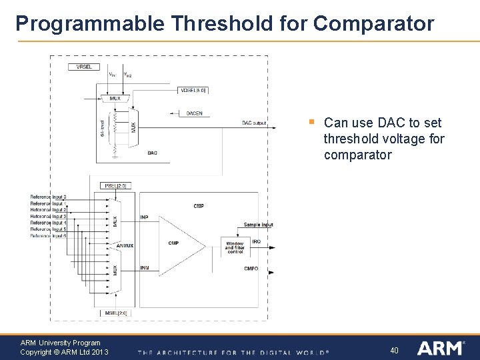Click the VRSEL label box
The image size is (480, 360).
pyautogui.click(x=85, y=67)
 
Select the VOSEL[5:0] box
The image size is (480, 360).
pyautogui.click(x=193, y=90)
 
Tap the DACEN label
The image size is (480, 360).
pyautogui.click(x=195, y=113)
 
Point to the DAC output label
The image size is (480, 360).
pyautogui.click(x=254, y=123)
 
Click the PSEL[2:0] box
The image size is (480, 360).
pyautogui.click(x=115, y=185)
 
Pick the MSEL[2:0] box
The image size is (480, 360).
pyautogui.click(x=116, y=312)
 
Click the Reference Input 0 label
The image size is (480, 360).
pyautogui.click(x=48, y=197)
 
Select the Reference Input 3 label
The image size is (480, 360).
pyautogui.click(x=48, y=216)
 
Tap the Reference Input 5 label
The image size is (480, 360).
pyautogui.click(x=48, y=229)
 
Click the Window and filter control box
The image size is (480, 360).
pyautogui.click(x=235, y=247)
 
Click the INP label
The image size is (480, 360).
pyautogui.click(x=145, y=217)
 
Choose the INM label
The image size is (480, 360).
pyautogui.click(x=145, y=268)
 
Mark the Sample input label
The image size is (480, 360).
pyautogui.click(x=258, y=225)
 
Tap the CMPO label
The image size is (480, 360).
pyautogui.click(x=251, y=269)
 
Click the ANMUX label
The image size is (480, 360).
pyautogui.click(x=125, y=246)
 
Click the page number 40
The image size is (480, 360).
pyautogui.click(x=394, y=350)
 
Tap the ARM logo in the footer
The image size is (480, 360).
pyautogui.click(x=441, y=348)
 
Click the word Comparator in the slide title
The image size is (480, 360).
pyautogui.click(x=373, y=24)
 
